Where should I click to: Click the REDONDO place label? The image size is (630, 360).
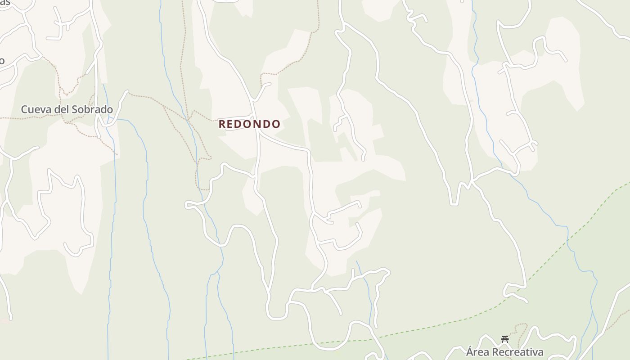[249, 124]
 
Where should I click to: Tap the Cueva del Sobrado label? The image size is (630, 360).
[67, 109]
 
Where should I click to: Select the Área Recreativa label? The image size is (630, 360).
[504, 352]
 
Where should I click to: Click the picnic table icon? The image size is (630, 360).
[505, 339]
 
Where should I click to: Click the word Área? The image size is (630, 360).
[477, 352]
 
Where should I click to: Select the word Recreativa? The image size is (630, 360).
[517, 352]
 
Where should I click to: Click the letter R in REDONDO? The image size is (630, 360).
[222, 124]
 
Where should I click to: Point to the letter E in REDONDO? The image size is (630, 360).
[230, 124]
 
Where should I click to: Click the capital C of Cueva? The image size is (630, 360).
[24, 109]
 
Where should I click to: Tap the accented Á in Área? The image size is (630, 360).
[470, 351]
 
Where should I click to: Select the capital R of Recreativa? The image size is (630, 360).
[494, 352]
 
